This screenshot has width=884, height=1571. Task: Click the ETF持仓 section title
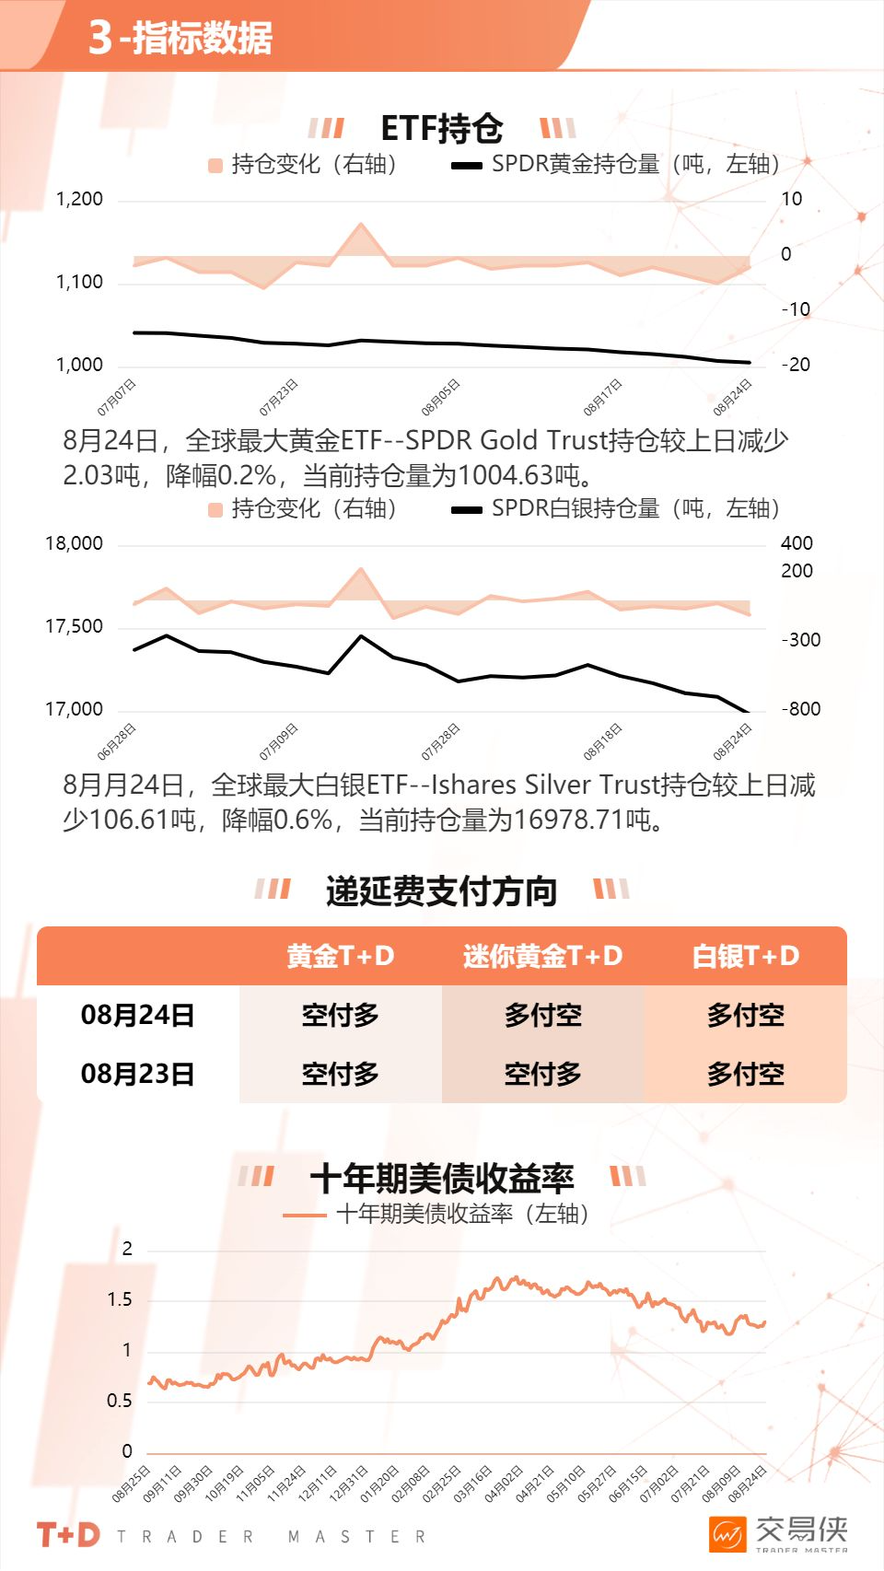(441, 128)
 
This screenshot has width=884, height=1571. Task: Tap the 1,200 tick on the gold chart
(79, 199)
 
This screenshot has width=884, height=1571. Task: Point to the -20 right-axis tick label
(796, 365)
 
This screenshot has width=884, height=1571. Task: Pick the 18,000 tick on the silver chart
(74, 543)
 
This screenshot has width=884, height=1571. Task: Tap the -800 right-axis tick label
(800, 709)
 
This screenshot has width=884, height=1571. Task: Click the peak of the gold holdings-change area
(361, 224)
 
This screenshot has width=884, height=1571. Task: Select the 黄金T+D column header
(340, 956)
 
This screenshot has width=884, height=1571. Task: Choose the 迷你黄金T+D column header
(542, 956)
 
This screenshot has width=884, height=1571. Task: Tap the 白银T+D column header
(745, 956)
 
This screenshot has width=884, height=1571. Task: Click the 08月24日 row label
(137, 1015)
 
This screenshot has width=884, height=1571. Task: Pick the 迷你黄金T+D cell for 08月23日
(542, 1074)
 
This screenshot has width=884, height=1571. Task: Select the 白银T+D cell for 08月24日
(745, 1015)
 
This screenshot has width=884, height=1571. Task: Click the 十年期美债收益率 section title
(441, 1178)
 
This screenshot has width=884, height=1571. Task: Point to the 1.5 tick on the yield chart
(120, 1299)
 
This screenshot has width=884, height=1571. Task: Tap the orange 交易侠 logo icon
(727, 1534)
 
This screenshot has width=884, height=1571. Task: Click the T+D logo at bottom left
(68, 1534)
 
